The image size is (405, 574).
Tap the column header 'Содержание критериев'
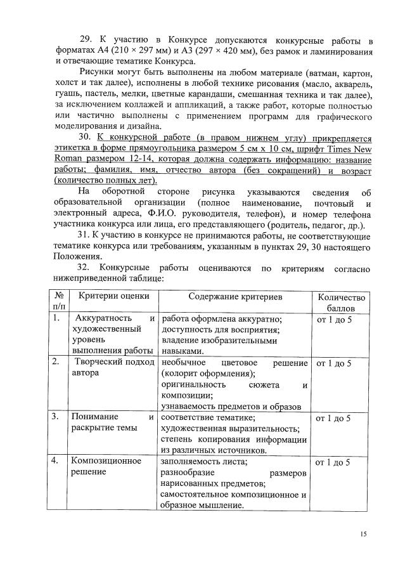tap(235, 296)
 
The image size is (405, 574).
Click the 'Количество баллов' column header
tap(341, 302)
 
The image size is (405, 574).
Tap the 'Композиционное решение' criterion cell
tap(105, 467)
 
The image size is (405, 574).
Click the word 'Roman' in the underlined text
tap(70, 159)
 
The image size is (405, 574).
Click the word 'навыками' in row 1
tap(182, 350)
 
